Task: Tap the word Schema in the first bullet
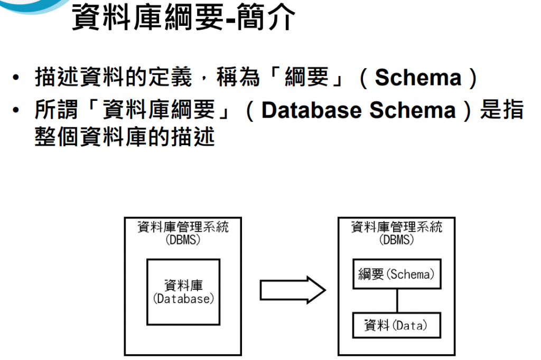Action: pyautogui.click(x=418, y=78)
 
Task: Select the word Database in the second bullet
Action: pyautogui.click(x=310, y=110)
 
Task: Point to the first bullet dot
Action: pyautogui.click(x=17, y=79)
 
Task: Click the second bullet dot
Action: pyautogui.click(x=17, y=111)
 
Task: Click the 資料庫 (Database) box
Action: pyautogui.click(x=183, y=292)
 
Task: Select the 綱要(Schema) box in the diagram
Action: pyautogui.click(x=396, y=274)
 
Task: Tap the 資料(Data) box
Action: pyautogui.click(x=396, y=326)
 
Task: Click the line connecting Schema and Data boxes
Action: pyautogui.click(x=396, y=300)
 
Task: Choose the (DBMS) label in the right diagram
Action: pyautogui.click(x=396, y=239)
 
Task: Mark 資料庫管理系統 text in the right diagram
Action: pyautogui.click(x=396, y=228)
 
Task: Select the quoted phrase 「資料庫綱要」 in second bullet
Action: pyautogui.click(x=158, y=110)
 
